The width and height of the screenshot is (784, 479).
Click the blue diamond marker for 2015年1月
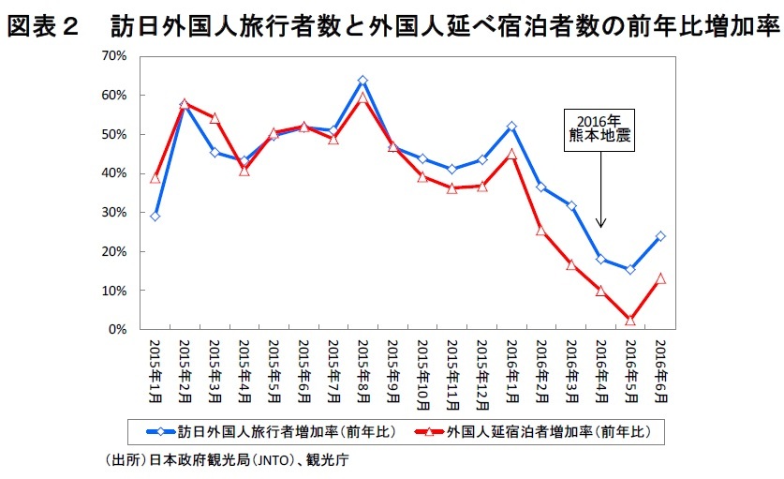coord(155,216)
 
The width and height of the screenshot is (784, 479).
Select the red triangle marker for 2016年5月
coord(630,321)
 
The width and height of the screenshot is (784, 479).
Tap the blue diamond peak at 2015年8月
coord(362,81)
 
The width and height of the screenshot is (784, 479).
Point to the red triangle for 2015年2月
coord(185,104)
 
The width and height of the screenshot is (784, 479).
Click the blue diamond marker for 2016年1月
coord(511,127)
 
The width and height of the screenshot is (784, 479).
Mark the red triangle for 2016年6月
coord(660,278)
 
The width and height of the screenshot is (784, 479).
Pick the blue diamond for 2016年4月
coord(600,260)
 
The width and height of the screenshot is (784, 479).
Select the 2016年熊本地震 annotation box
coord(600,128)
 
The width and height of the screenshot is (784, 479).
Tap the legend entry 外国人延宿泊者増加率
coord(542,432)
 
